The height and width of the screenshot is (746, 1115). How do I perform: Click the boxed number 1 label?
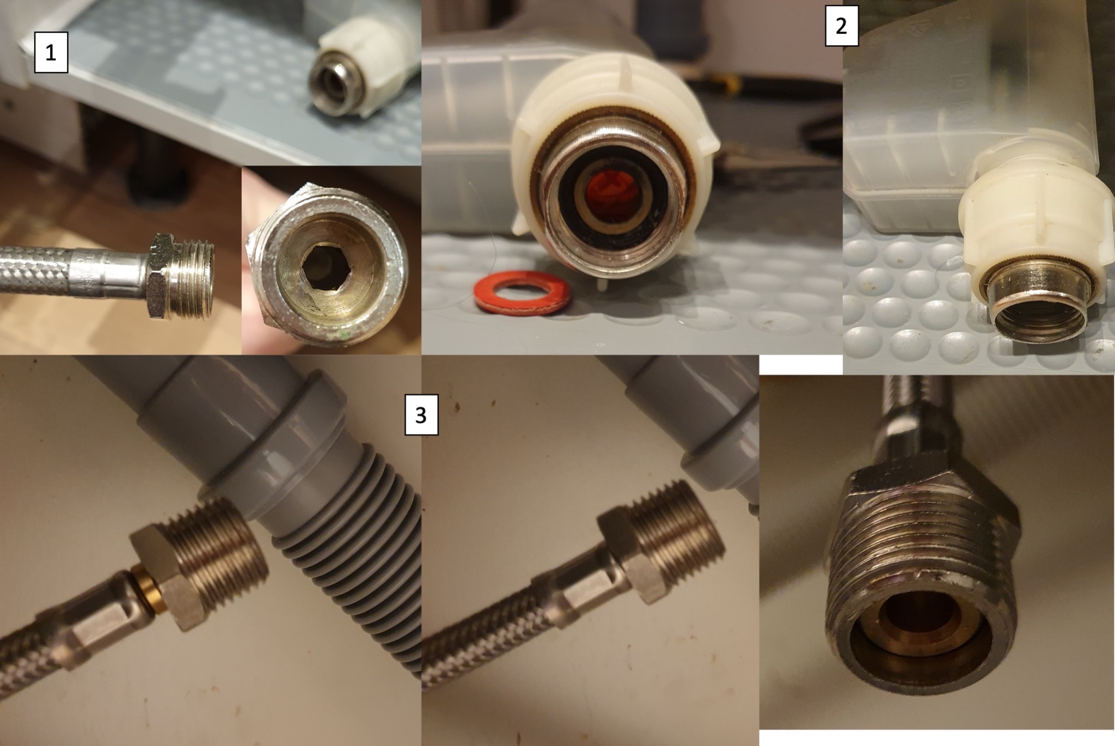pyautogui.click(x=51, y=53)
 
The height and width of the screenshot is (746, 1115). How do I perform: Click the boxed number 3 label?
pyautogui.click(x=421, y=416)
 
